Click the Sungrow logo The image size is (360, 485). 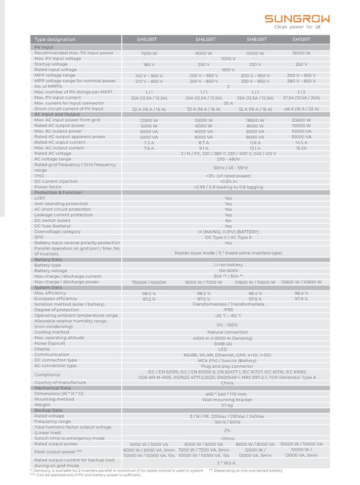click(x=297, y=19)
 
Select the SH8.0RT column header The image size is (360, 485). click(x=256, y=39)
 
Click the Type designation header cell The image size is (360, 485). click(x=55, y=39)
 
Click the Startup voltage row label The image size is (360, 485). click(x=51, y=64)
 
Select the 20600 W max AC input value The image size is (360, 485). click(x=301, y=120)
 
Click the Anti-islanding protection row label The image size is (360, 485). click(x=61, y=204)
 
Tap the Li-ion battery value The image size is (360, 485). click(x=228, y=265)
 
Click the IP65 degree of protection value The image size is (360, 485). click(x=228, y=310)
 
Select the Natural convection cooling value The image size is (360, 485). click(x=228, y=332)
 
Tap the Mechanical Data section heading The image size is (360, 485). click(x=53, y=388)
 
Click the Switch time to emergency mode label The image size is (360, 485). click(x=69, y=438)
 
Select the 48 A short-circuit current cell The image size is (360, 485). click(x=301, y=109)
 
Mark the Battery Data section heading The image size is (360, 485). click(x=48, y=259)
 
